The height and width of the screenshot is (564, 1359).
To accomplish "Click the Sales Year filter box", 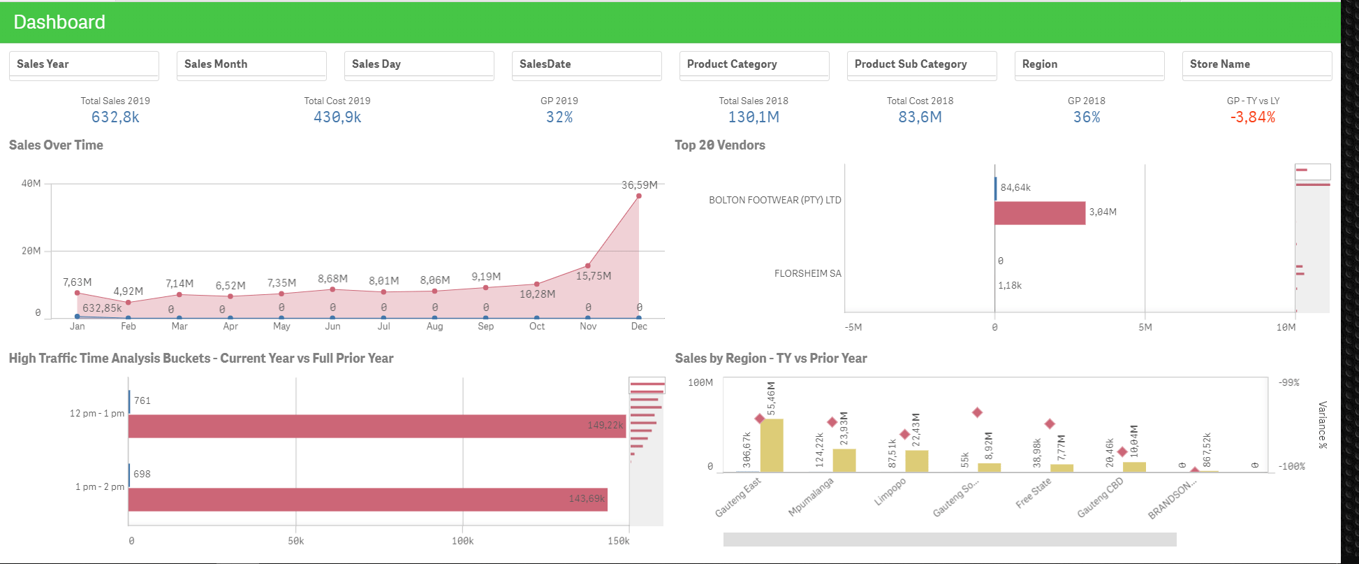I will tap(84, 64).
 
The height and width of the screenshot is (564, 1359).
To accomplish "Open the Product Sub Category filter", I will tap(921, 64).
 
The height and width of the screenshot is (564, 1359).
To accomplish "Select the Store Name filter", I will tap(1256, 64).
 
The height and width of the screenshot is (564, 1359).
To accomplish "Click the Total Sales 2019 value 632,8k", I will tap(115, 117).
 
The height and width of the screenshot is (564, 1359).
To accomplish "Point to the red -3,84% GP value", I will tap(1253, 117).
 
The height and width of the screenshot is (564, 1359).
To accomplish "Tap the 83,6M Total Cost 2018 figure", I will tap(920, 117).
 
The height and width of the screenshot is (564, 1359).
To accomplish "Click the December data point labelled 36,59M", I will tap(638, 196).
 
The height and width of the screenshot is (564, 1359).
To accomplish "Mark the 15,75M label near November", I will tap(593, 276).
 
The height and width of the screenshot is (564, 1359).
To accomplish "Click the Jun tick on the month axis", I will tap(332, 326).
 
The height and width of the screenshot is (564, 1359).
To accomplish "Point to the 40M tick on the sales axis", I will tap(31, 184).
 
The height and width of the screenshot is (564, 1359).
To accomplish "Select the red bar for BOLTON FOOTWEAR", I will tap(1039, 213).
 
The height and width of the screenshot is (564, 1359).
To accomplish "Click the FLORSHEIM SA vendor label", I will tap(807, 273).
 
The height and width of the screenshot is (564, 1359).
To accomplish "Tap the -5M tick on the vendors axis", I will tap(853, 327).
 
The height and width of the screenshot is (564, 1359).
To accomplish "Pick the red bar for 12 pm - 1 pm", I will tap(377, 426).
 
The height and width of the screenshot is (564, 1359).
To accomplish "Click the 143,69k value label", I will tap(587, 498).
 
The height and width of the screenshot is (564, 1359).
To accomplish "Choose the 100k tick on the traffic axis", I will tap(462, 541).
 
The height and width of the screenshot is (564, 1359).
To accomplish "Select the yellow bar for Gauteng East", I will tap(771, 445).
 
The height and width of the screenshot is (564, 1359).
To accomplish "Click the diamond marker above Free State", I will tap(1049, 424).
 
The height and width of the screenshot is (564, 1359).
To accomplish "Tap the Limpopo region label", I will tap(890, 491).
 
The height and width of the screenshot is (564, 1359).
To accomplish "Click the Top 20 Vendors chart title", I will tap(719, 145).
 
